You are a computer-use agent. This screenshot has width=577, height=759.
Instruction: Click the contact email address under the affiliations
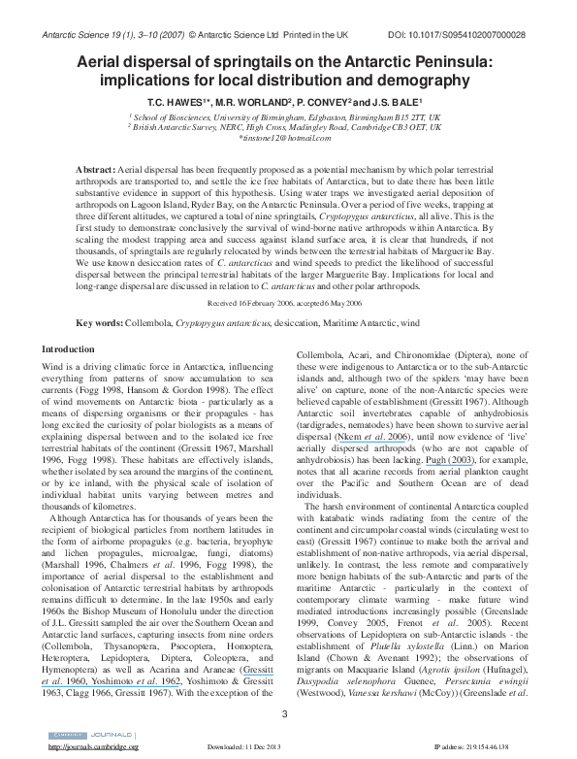pos(288,138)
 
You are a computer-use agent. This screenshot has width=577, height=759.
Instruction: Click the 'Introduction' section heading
pos(68,347)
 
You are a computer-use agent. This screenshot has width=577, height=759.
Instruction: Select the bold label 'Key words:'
pos(99,321)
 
